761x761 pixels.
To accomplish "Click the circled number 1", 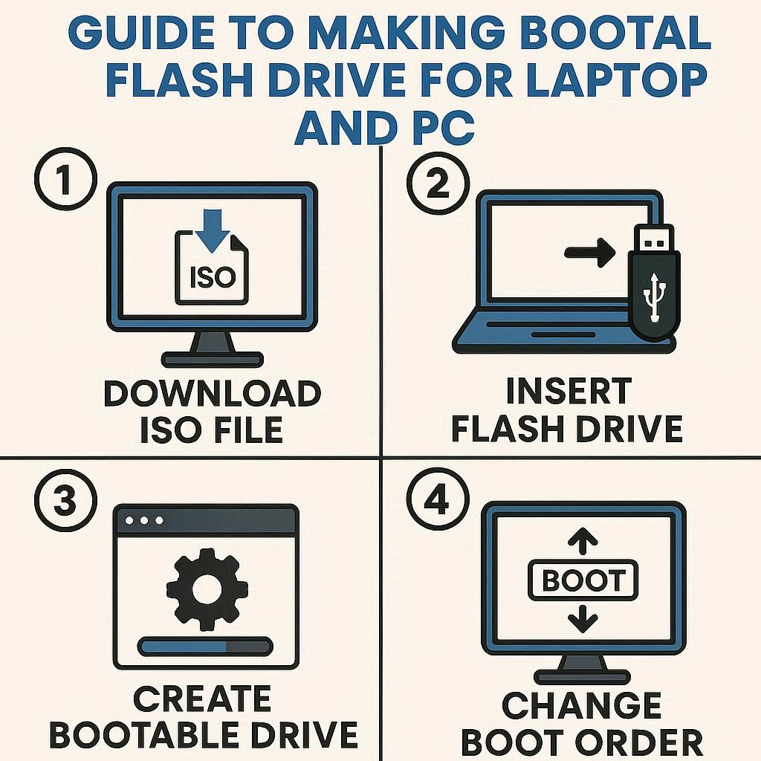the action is pyautogui.click(x=65, y=178).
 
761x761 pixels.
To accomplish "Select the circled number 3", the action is pyautogui.click(x=65, y=500).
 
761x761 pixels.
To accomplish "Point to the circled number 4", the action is pyautogui.click(x=438, y=500).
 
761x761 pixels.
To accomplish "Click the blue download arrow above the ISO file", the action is pyautogui.click(x=213, y=231).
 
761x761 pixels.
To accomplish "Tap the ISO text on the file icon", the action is pyautogui.click(x=213, y=277).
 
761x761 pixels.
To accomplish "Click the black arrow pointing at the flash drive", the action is pyautogui.click(x=590, y=253).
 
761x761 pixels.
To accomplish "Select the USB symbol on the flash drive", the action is pyautogui.click(x=654, y=297).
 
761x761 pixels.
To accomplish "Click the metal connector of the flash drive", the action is pyautogui.click(x=654, y=239).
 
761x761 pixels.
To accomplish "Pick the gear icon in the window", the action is pyautogui.click(x=207, y=589).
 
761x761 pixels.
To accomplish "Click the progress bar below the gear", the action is pyautogui.click(x=205, y=647).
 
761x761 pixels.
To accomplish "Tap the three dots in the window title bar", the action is pyautogui.click(x=144, y=521).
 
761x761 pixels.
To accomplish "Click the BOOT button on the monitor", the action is pyautogui.click(x=583, y=580).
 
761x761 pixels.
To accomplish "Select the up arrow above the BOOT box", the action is pyautogui.click(x=583, y=541).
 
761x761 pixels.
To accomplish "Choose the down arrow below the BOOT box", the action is pyautogui.click(x=583, y=620).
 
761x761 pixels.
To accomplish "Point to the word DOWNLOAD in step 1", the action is pyautogui.click(x=213, y=393).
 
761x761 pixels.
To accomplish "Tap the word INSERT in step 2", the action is pyautogui.click(x=569, y=391).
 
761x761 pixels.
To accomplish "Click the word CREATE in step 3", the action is pyautogui.click(x=202, y=699).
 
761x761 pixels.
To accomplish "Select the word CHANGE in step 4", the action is pyautogui.click(x=581, y=705).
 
